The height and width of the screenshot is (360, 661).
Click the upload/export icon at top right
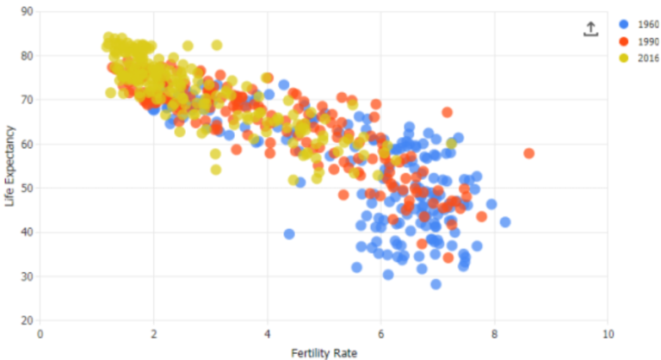click(x=590, y=28)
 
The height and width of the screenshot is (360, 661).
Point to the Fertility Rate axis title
click(x=324, y=351)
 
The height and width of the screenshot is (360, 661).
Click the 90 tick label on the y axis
click(x=27, y=12)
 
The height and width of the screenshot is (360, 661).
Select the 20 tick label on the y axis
click(x=27, y=320)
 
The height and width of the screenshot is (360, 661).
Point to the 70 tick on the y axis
click(x=27, y=100)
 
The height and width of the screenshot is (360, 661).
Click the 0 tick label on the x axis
click(x=40, y=334)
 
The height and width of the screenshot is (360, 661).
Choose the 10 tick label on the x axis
click(x=608, y=334)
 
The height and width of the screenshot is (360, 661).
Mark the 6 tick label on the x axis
click(x=380, y=334)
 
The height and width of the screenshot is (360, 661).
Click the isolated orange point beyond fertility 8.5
click(x=529, y=153)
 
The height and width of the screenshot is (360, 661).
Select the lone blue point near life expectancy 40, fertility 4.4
click(x=289, y=233)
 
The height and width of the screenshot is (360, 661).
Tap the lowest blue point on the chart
click(x=436, y=284)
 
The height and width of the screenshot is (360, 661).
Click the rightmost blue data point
click(x=505, y=222)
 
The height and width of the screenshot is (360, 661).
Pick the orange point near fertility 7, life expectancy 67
click(x=447, y=112)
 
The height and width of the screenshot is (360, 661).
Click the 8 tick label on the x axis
click(x=494, y=334)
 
